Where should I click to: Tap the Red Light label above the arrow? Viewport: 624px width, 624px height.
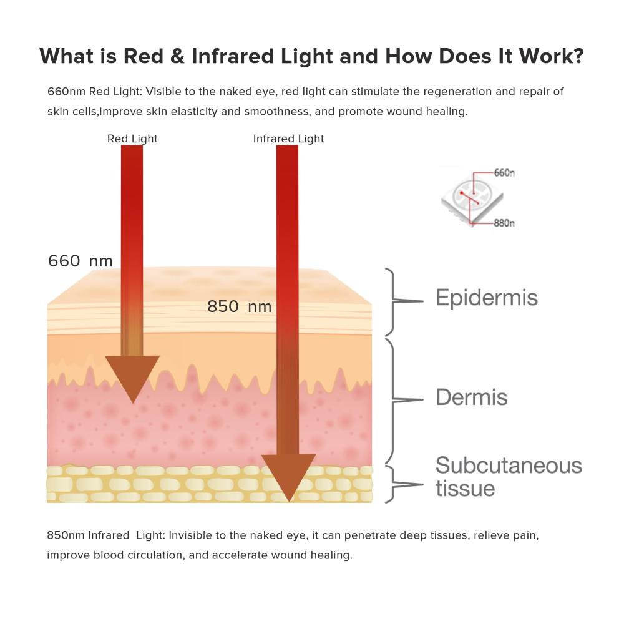pyautogui.click(x=132, y=139)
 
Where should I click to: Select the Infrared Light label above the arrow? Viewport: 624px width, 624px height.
pyautogui.click(x=288, y=139)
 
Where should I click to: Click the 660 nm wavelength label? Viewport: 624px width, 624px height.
pyautogui.click(x=80, y=261)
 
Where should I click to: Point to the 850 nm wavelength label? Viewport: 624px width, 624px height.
pyautogui.click(x=240, y=306)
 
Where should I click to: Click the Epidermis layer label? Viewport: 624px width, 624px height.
pyautogui.click(x=487, y=298)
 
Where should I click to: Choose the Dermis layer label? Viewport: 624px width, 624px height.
pyautogui.click(x=472, y=397)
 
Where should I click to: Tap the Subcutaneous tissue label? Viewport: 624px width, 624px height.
pyautogui.click(x=509, y=477)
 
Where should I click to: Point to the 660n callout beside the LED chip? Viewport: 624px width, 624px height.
pyautogui.click(x=504, y=173)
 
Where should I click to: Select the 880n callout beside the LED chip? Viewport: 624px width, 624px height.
pyautogui.click(x=504, y=223)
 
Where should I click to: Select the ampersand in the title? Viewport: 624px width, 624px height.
pyautogui.click(x=177, y=56)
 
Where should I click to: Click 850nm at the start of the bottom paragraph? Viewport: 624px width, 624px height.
pyautogui.click(x=66, y=535)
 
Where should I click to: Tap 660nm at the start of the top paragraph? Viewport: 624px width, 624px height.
pyautogui.click(x=67, y=92)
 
